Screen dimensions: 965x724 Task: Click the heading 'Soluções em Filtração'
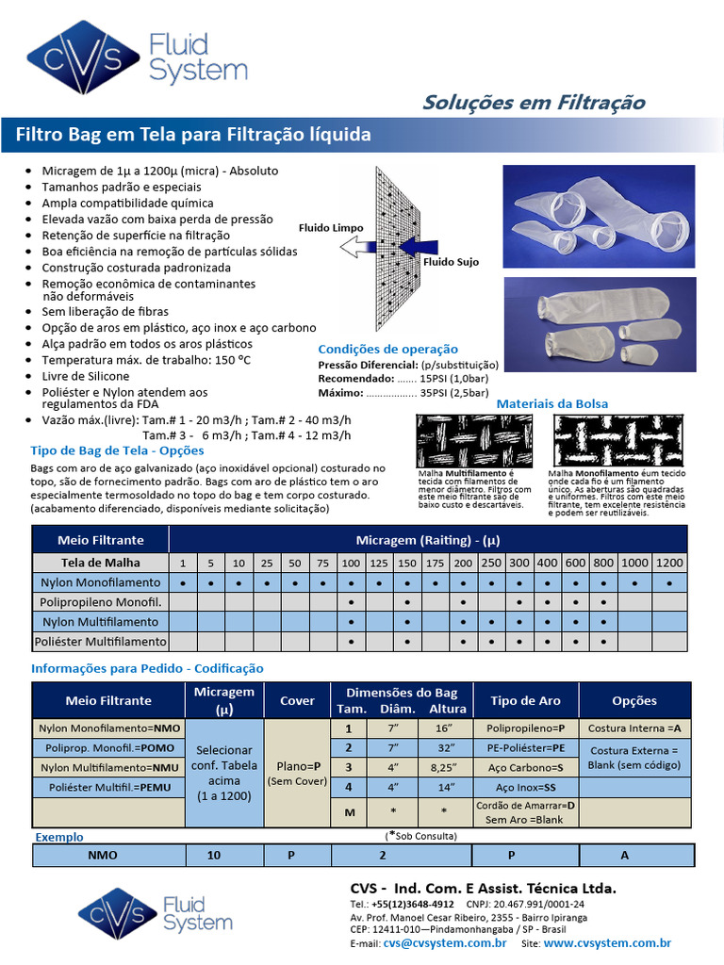pos(534,102)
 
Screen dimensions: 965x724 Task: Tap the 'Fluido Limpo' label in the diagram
pos(331,228)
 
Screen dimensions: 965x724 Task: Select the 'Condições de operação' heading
pos(387,349)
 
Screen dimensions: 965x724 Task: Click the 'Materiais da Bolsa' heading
pos(551,403)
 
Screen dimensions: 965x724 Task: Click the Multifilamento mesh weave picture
pos(476,440)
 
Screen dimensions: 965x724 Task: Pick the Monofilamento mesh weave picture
pos(617,440)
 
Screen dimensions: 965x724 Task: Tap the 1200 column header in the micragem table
pos(668,563)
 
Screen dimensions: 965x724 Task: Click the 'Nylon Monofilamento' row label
pos(101,582)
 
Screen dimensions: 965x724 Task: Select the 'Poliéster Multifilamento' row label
pos(101,642)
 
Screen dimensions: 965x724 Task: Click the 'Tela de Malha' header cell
pos(101,563)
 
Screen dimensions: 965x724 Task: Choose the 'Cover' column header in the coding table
pos(298,701)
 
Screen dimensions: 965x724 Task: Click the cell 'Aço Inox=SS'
pos(524,787)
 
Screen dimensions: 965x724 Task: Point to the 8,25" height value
pos(443,768)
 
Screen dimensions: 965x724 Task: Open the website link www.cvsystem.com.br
pos(607,942)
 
